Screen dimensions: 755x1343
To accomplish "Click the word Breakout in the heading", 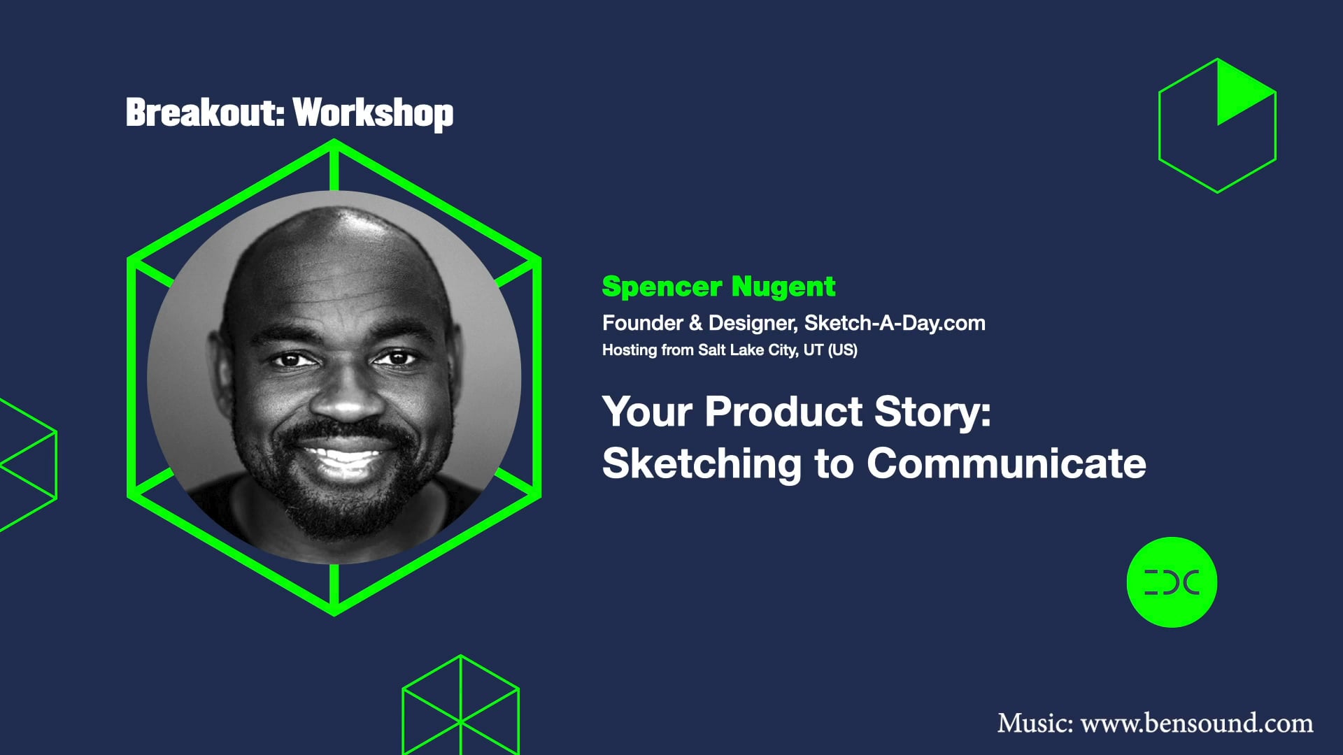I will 203,113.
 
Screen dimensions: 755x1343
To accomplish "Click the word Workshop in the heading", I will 373,113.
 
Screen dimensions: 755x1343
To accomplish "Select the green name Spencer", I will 662,287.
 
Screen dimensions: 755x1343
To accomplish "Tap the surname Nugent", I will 783,287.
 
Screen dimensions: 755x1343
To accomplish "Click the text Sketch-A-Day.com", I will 895,323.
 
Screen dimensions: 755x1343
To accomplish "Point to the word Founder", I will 642,323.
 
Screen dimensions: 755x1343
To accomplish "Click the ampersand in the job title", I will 695,323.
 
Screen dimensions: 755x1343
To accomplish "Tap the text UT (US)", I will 830,350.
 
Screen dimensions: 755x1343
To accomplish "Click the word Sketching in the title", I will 702,464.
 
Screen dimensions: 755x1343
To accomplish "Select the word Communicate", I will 1006,464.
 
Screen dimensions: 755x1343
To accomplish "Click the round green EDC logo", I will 1172,582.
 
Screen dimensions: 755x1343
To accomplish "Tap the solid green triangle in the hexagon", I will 1238,94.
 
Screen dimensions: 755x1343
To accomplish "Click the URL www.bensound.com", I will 1197,724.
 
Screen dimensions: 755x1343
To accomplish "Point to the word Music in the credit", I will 1034,724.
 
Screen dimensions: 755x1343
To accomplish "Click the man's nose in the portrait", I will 345,398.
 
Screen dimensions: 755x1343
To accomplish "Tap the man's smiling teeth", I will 344,460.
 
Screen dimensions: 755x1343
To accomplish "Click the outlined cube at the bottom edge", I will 460,706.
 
